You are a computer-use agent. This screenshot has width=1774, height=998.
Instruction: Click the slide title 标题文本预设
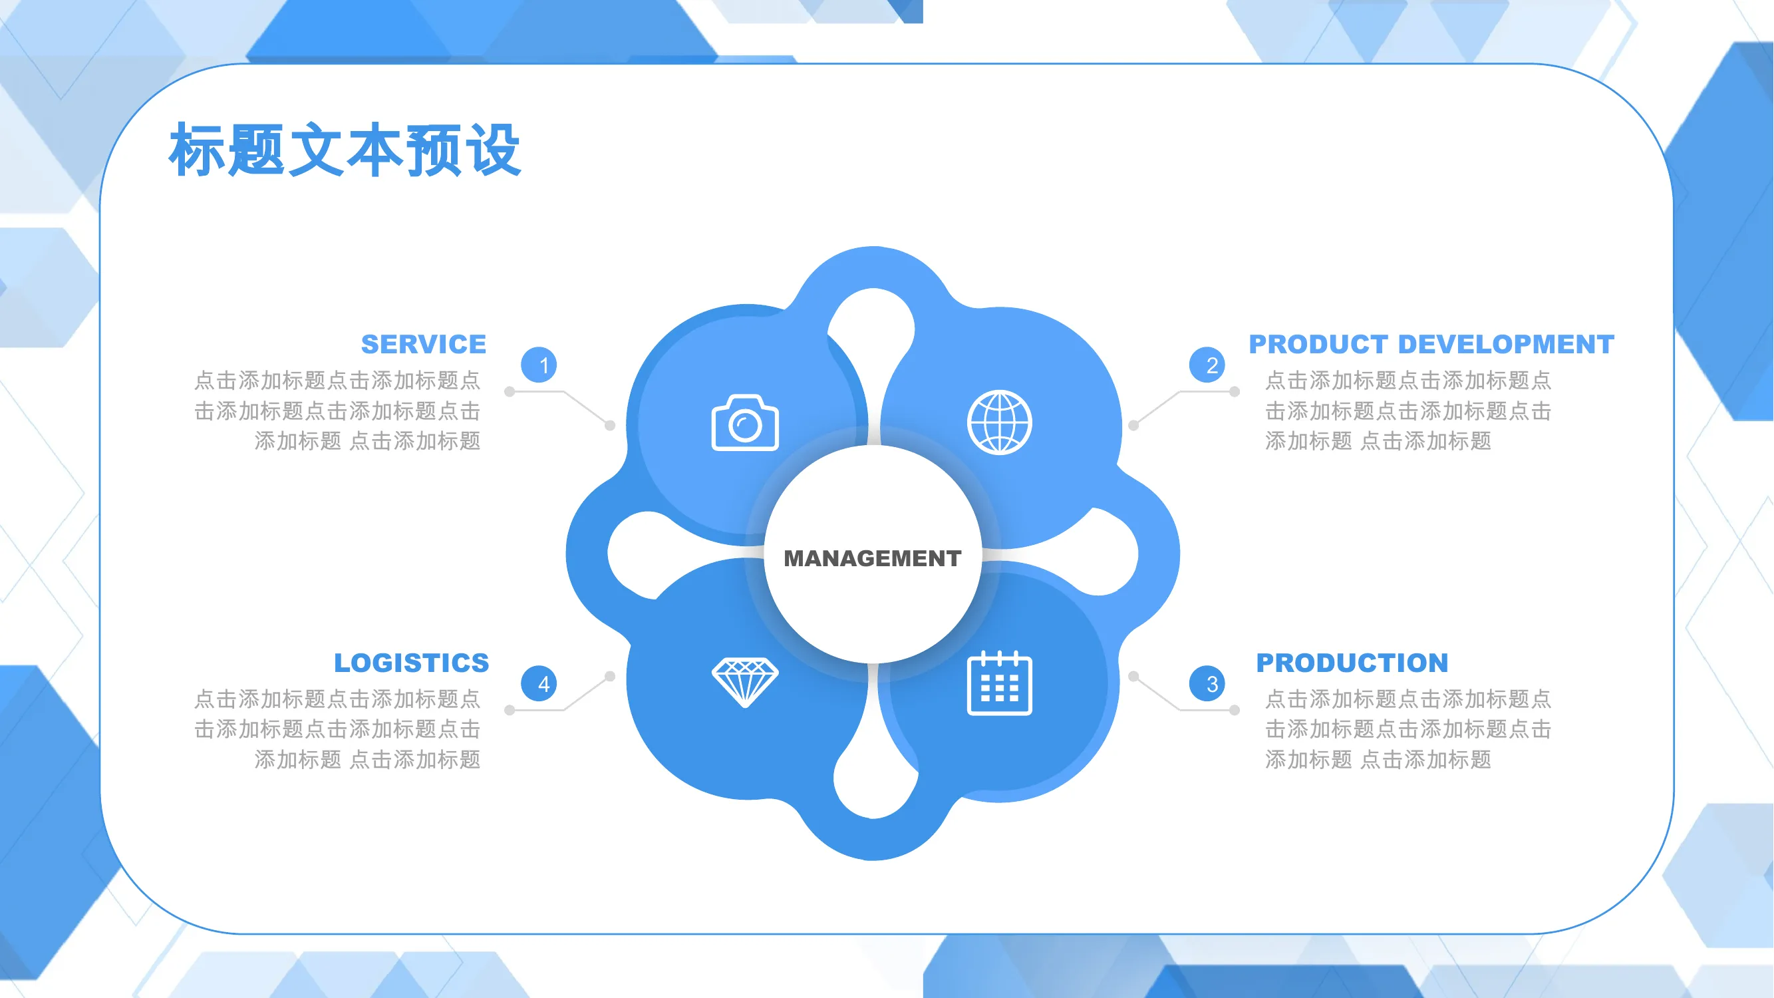pos(345,150)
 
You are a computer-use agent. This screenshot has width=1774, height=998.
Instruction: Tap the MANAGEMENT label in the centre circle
pos(873,558)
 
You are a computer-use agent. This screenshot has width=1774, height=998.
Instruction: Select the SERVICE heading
pos(424,344)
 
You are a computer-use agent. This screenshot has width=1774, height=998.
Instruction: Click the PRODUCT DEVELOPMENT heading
pos(1431,344)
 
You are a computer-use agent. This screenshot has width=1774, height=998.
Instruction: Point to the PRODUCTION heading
pos(1352,663)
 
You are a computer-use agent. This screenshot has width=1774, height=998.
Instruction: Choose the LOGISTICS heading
pos(411,663)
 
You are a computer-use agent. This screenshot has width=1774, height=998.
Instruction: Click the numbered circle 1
pos(539,365)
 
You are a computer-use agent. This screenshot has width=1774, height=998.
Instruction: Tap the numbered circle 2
pos(1207,365)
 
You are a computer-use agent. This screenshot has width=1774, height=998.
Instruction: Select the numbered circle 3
pos(1207,684)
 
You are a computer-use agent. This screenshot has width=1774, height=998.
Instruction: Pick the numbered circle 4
pos(539,684)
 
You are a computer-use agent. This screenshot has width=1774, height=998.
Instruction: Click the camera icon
pos(745,423)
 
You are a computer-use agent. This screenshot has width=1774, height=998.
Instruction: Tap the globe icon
pos(999,423)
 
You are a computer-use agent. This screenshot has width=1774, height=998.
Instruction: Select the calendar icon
pos(999,683)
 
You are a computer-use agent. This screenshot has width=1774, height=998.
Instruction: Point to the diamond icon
pos(745,683)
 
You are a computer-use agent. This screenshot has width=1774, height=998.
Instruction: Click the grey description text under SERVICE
pos(337,411)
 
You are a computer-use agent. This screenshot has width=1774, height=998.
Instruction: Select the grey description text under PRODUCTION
pos(1407,729)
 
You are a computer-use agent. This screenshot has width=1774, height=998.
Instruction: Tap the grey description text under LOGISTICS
pos(337,729)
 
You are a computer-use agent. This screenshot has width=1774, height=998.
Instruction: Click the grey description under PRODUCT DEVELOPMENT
pos(1407,411)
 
